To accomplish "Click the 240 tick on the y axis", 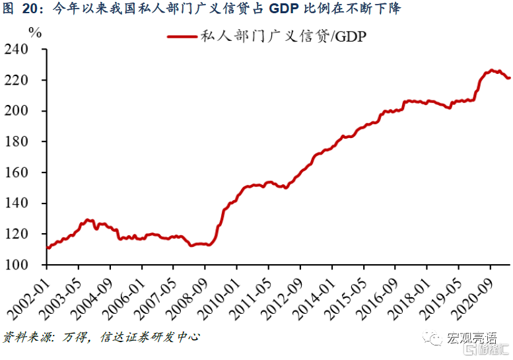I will [28, 50].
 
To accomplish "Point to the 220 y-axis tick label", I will [28, 80].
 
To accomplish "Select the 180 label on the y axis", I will [28, 141].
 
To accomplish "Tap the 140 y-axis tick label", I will [28, 203].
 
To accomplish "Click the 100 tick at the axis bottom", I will [28, 264].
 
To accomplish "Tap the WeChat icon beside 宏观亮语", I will [436, 339].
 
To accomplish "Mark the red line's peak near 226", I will [491, 70].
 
